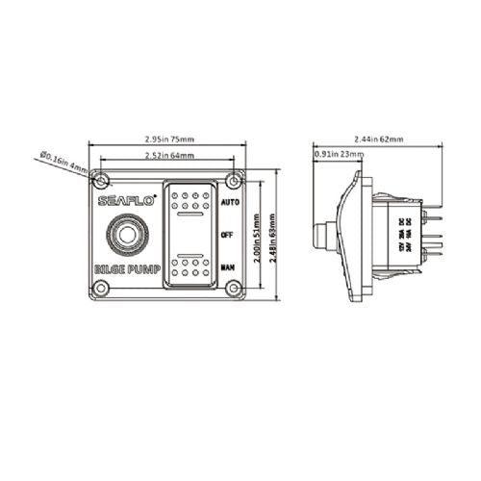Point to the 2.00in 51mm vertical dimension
[x=255, y=236]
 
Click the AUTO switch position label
[x=230, y=204]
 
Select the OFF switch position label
[x=227, y=234]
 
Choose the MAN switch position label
[x=228, y=265]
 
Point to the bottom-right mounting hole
[x=233, y=290]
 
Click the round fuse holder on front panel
[x=125, y=236]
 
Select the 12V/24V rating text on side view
[x=403, y=236]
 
